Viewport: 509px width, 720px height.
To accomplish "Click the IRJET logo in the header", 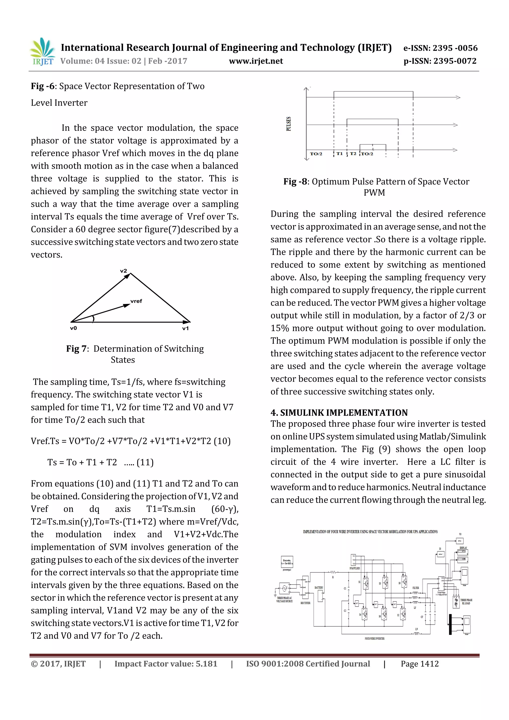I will click(x=42, y=52).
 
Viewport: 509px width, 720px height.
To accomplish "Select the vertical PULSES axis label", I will click(x=289, y=124).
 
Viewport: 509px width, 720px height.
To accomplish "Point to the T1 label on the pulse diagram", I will click(x=339, y=154).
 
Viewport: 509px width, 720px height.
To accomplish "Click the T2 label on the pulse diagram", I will click(x=353, y=154).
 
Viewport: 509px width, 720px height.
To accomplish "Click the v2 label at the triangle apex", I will click(x=124, y=271).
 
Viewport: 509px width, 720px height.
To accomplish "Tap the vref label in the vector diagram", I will click(x=136, y=301).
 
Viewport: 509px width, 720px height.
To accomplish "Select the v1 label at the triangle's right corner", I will click(x=185, y=328).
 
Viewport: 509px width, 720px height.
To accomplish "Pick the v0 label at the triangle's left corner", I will click(x=73, y=328).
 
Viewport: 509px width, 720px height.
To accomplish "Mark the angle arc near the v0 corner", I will click(x=93, y=319).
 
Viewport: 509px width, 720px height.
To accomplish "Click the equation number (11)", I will click(x=145, y=463).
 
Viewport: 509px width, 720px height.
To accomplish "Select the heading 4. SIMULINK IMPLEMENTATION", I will click(x=339, y=413).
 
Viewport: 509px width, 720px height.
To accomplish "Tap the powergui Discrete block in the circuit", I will click(x=287, y=562).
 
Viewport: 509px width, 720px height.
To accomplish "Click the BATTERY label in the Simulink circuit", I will click(x=319, y=587).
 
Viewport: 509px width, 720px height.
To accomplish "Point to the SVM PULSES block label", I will click(x=355, y=568).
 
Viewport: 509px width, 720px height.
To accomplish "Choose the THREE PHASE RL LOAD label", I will click(x=466, y=601).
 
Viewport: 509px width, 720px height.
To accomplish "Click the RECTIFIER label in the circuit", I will click(x=305, y=603).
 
